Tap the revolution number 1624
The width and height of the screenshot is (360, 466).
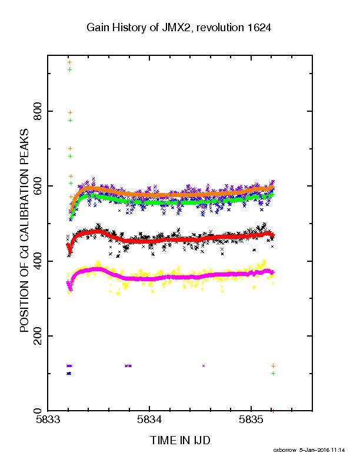(259, 28)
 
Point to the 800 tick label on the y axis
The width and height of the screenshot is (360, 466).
(38, 111)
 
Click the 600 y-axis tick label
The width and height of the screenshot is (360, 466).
(38, 186)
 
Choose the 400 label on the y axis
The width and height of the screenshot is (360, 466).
(38, 261)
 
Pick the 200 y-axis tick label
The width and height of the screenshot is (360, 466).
(38, 336)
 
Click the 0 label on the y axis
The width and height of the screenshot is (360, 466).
(38, 411)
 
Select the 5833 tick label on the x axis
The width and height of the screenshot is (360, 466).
(48, 420)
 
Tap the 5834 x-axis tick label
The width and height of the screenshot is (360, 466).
(149, 420)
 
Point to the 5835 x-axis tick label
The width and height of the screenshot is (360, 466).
(251, 420)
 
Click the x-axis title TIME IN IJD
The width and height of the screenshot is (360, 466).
(180, 440)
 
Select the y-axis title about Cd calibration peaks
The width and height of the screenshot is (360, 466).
(24, 231)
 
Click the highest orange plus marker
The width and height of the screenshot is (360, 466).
(70, 62)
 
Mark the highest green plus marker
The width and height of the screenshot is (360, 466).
(70, 69)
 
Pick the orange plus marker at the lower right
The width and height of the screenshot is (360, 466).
(274, 366)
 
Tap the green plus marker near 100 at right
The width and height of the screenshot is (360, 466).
(274, 373)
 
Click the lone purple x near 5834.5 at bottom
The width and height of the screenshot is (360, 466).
(204, 366)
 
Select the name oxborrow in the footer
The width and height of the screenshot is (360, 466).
(285, 450)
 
